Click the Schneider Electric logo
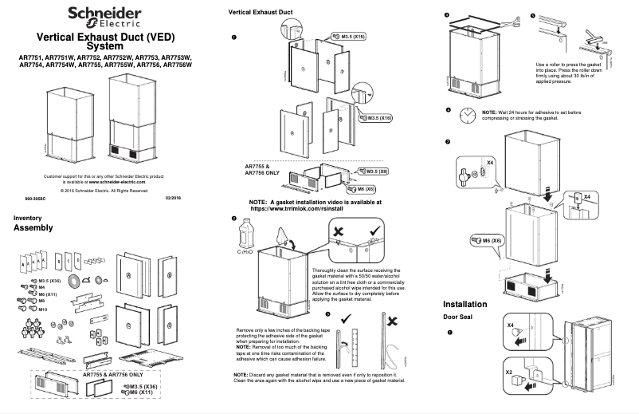pos(104,15)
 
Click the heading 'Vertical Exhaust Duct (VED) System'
pos(105,41)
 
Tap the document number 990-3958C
pos(36,195)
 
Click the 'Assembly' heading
pos(33,228)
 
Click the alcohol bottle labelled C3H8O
pos(245,236)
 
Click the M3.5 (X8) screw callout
pos(375,171)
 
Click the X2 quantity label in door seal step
pos(511,372)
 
